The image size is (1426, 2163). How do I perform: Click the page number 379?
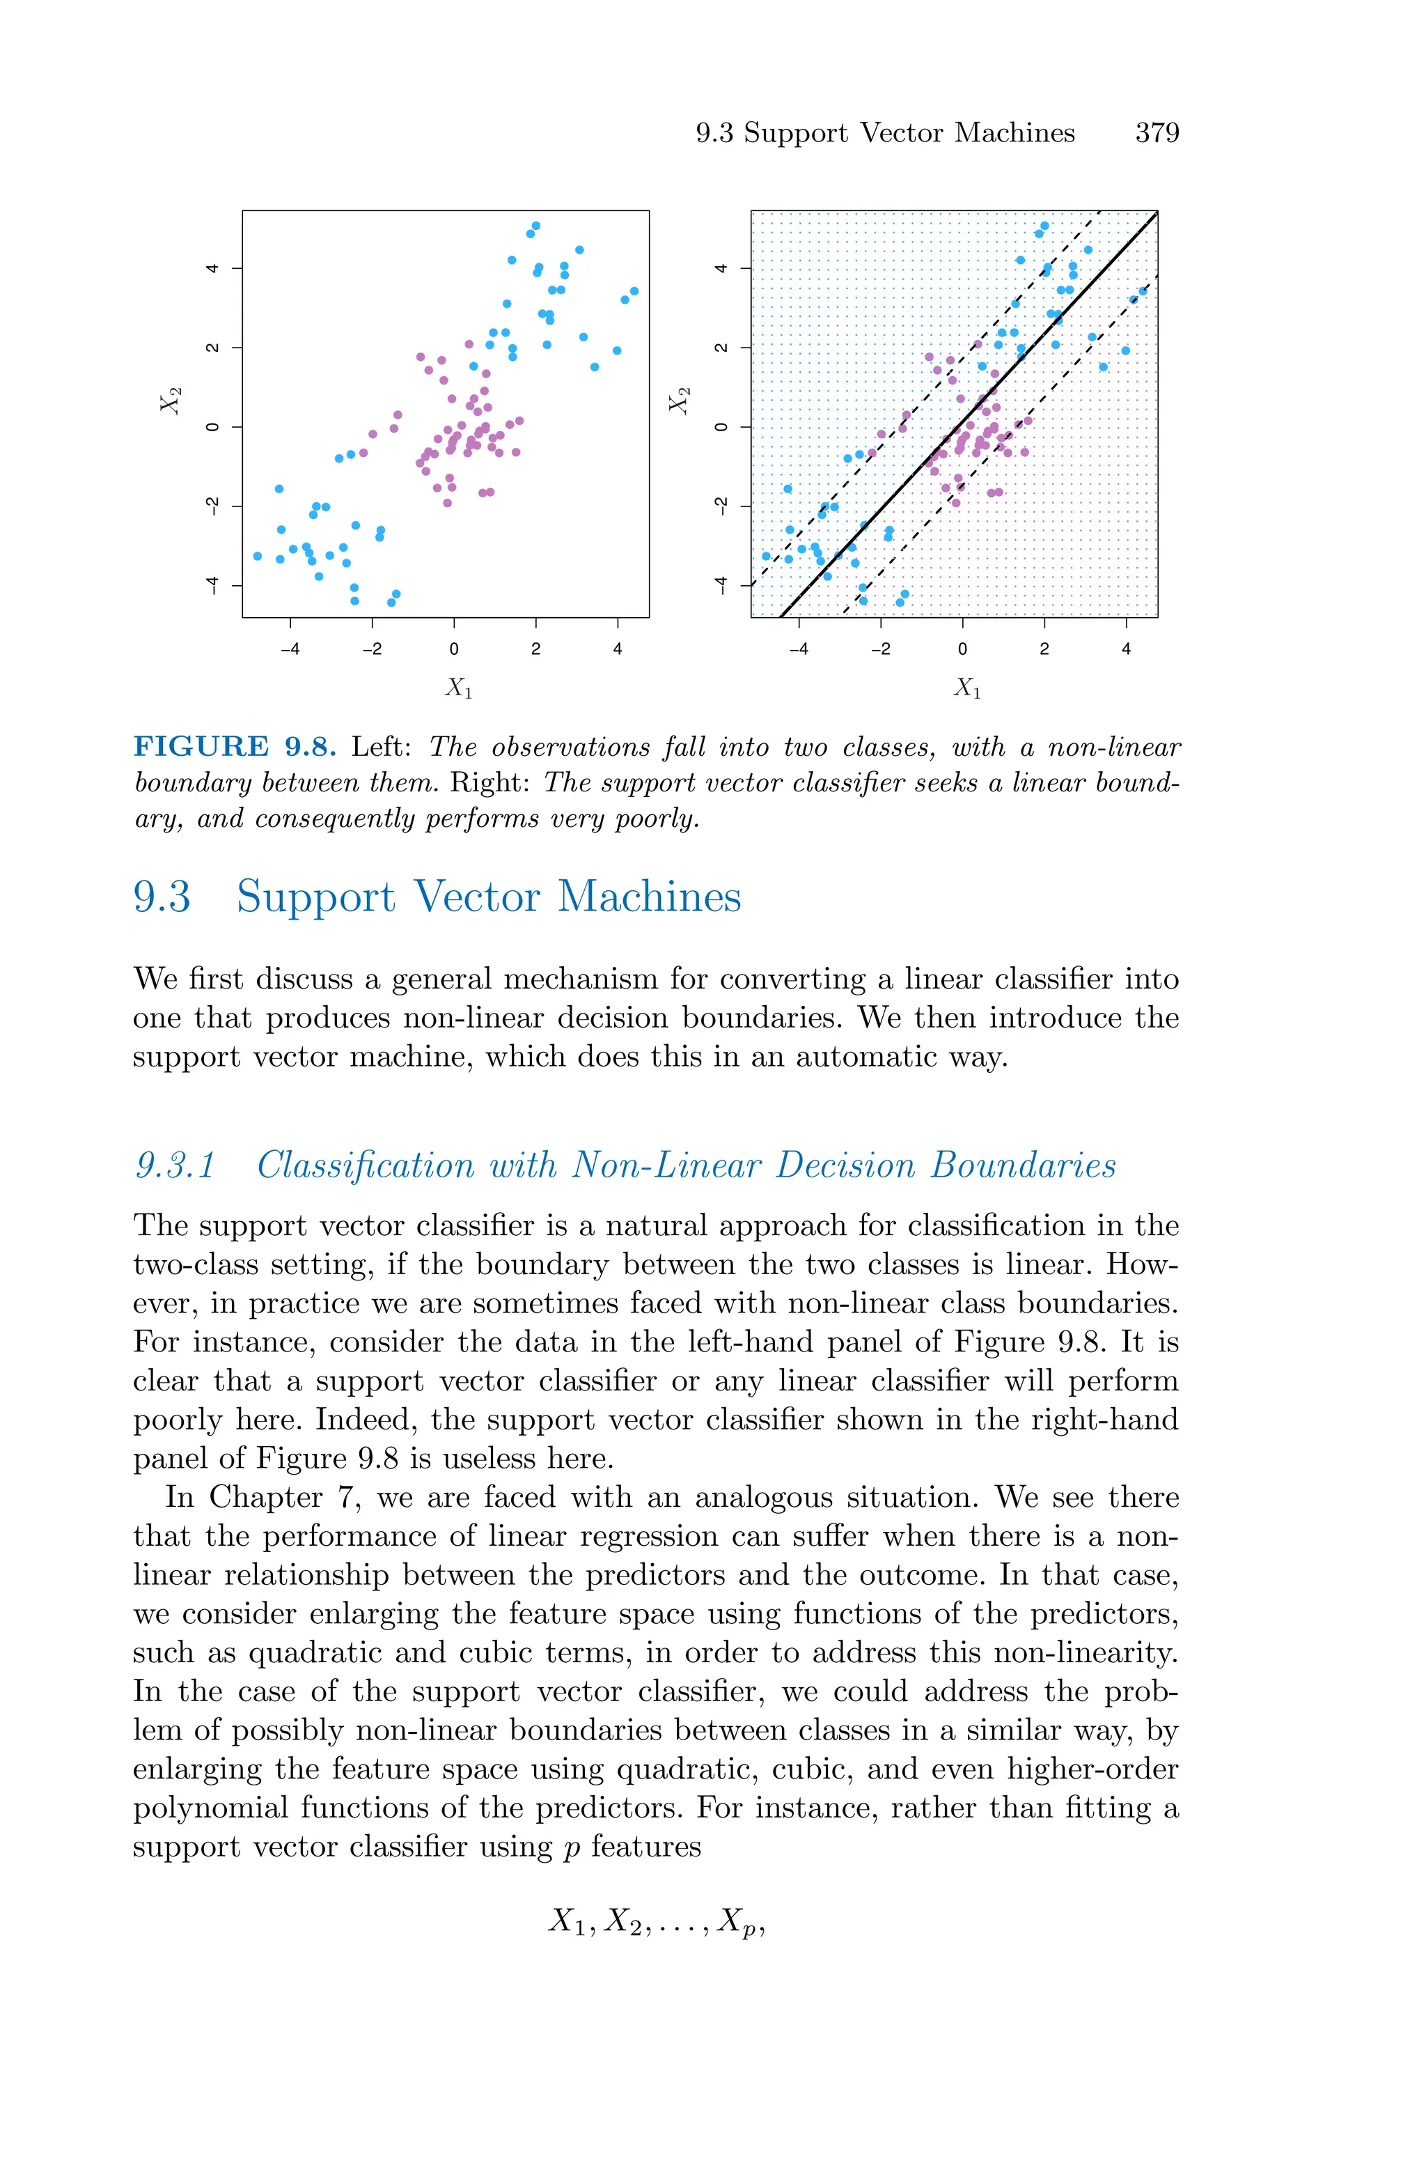pos(1157,133)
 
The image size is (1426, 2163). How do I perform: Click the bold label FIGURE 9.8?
pos(235,747)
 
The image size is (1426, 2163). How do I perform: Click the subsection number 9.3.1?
pos(175,1165)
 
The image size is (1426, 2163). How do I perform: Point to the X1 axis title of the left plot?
pos(458,688)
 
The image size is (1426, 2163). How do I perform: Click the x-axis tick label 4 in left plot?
pos(618,649)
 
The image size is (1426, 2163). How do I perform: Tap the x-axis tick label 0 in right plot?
pos(962,649)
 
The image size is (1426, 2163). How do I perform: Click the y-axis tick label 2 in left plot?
pos(212,348)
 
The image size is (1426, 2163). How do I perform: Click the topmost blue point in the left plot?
pos(535,226)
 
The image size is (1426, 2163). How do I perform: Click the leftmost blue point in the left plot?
pos(258,556)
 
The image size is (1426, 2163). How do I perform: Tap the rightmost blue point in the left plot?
pos(634,291)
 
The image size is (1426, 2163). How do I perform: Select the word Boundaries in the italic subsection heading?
pos(1023,1165)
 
